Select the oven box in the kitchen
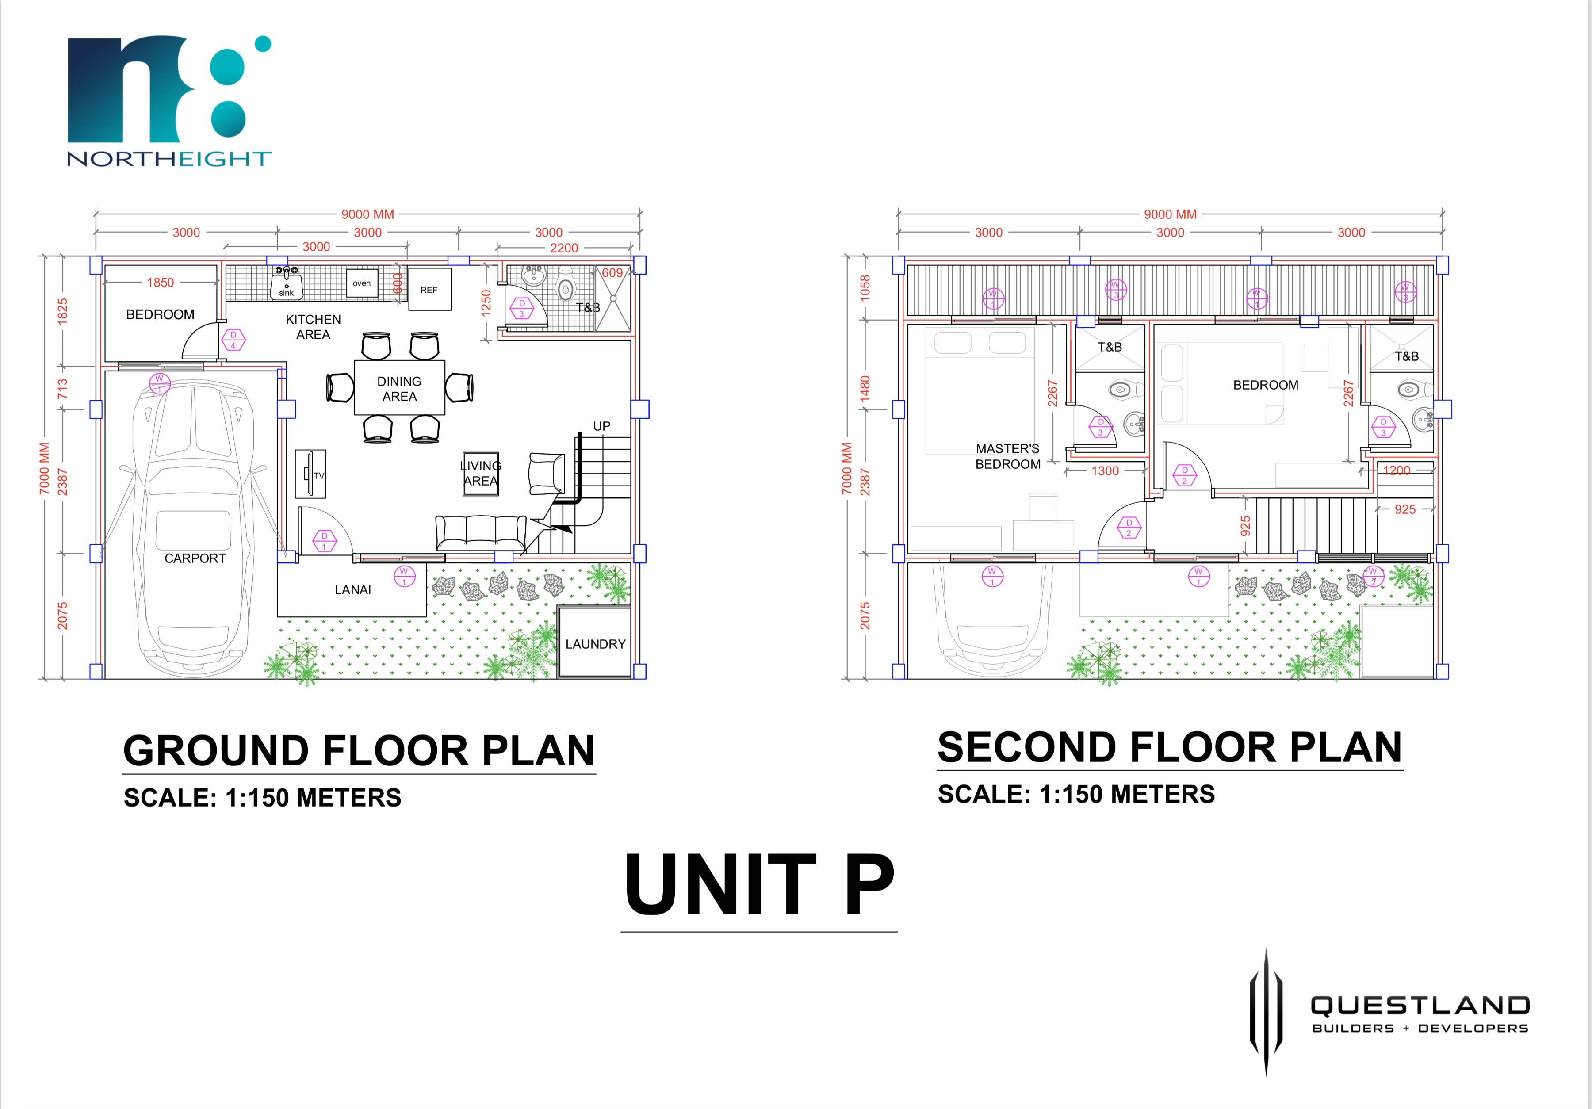point(362,283)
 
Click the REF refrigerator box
point(429,289)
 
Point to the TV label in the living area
point(319,475)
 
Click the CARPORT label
point(195,558)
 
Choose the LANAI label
point(353,590)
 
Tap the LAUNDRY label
point(596,644)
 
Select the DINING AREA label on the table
point(399,389)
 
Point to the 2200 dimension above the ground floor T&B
point(564,248)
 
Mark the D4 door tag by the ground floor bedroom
point(233,340)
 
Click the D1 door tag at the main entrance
point(324,541)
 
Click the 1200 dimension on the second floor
point(1397,470)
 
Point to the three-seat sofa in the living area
point(481,532)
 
